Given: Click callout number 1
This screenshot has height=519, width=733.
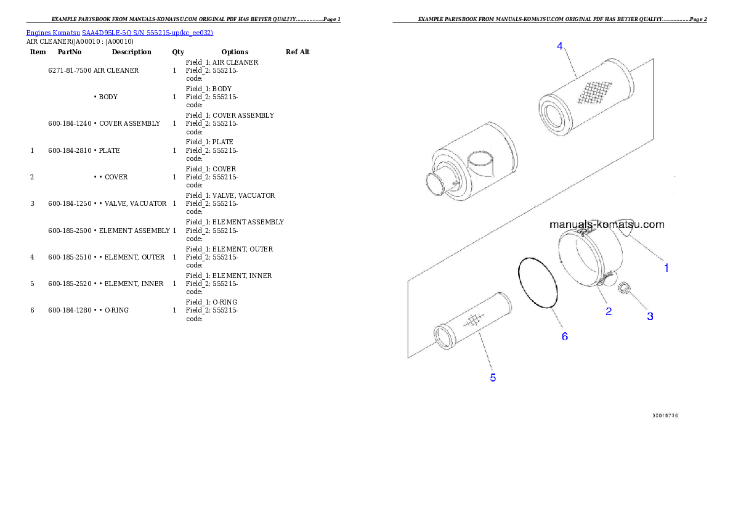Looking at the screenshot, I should click(x=666, y=268).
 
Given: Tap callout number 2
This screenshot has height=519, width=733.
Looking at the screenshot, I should click(x=609, y=311).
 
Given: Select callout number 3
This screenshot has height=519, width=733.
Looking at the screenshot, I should click(x=650, y=316).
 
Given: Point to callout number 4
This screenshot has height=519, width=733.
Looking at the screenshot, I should click(x=559, y=46).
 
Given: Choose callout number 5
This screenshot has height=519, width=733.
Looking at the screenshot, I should click(x=493, y=377).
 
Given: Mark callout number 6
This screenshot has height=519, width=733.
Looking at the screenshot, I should click(x=564, y=336).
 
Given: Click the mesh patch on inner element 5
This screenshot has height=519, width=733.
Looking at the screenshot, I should click(x=472, y=319).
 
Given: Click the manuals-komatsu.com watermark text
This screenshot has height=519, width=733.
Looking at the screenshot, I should click(x=607, y=224).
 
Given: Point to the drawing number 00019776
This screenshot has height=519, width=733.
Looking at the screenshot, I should click(x=665, y=415).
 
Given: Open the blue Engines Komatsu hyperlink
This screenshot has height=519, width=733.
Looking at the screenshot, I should click(x=119, y=33).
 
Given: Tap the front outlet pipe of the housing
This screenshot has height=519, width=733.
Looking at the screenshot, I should click(x=437, y=185).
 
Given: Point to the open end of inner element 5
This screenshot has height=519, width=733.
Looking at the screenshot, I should click(x=443, y=336).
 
